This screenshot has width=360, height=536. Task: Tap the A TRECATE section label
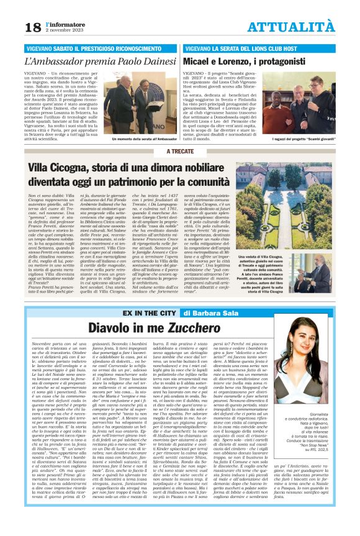[180, 151]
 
